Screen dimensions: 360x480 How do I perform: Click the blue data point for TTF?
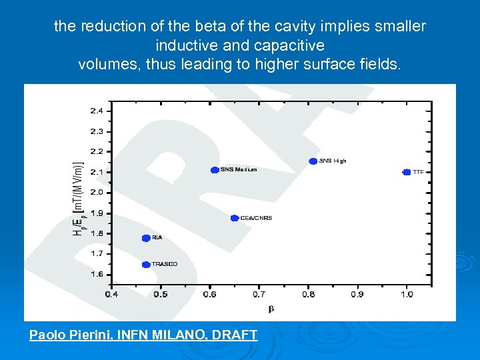(407, 172)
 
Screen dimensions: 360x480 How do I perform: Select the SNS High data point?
(313, 161)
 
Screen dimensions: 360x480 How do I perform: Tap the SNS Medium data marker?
(215, 170)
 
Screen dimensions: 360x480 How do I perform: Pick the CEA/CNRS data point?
(234, 218)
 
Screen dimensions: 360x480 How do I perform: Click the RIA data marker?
(146, 238)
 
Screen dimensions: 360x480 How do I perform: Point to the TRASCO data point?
(146, 265)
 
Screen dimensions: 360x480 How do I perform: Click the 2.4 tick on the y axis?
(97, 111)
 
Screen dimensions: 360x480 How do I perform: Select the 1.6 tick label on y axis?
(97, 274)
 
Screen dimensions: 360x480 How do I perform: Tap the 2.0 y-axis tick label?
(97, 193)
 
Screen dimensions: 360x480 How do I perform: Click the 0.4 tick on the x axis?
(111, 294)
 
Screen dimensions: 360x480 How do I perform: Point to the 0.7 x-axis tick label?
(259, 294)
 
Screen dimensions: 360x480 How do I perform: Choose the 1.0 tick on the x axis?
(407, 294)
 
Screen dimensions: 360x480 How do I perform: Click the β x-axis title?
(271, 309)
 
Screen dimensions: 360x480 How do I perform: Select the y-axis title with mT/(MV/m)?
(77, 199)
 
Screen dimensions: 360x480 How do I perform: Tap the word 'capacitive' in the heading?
(293, 45)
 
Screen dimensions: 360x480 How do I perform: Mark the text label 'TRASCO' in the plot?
(165, 265)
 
